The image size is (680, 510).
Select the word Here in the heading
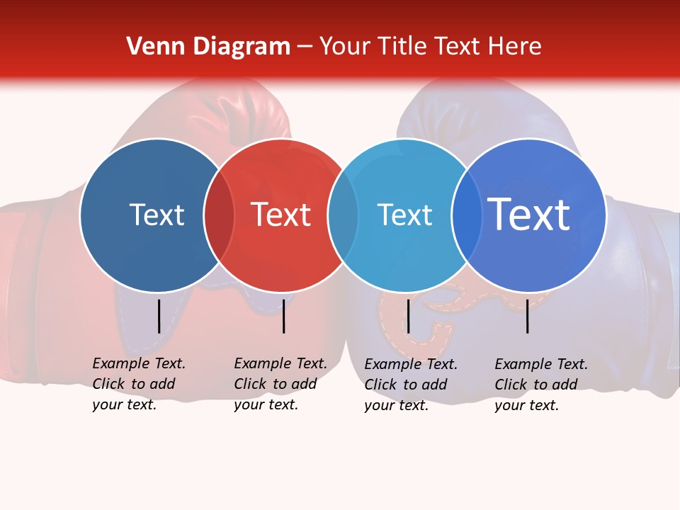pos(516,47)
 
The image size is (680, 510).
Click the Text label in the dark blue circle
pos(157,215)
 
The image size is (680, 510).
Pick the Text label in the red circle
pos(280,215)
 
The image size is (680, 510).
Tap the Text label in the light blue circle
pos(404,215)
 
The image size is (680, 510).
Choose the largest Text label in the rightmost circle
pos(529,215)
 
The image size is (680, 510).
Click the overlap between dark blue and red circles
pos(219,215)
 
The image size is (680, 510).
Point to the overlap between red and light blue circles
pos(343,215)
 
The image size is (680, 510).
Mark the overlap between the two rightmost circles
pos(467,215)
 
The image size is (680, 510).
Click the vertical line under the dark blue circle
pos(159,316)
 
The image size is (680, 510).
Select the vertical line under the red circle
pos(283,316)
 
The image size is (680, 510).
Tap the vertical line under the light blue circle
pos(408,316)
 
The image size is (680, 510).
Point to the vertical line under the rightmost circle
pos(528,316)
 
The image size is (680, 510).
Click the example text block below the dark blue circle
pos(138,384)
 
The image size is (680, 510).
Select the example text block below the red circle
pos(280,384)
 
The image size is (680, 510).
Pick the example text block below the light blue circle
pos(411,385)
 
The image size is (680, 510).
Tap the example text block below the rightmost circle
pos(540,385)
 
